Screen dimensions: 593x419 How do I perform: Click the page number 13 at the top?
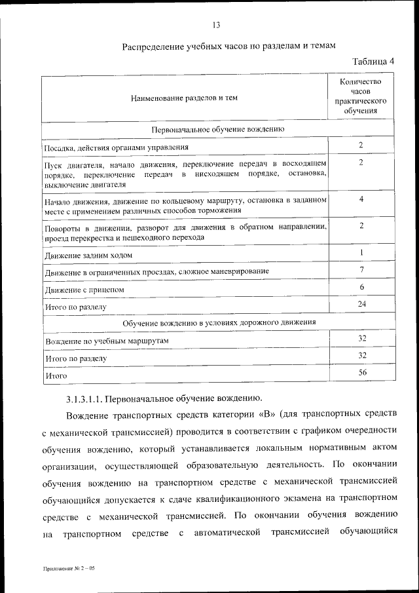coord(216,26)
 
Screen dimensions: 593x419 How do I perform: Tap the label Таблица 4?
coord(373,62)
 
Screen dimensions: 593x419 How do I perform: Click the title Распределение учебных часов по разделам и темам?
coord(229,47)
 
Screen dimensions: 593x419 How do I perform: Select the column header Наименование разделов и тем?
coord(184,98)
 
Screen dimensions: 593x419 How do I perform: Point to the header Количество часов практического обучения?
coord(361,96)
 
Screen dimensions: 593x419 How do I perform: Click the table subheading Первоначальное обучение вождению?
coord(217,130)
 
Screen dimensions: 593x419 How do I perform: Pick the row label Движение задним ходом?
coord(88,254)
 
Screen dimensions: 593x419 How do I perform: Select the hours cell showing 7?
coord(361,269)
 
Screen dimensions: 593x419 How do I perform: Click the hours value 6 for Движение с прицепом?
coord(361,287)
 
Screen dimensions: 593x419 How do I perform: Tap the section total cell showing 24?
coord(361,305)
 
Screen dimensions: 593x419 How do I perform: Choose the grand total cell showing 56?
coord(361,373)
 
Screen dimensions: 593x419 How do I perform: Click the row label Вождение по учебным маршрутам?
coord(107,341)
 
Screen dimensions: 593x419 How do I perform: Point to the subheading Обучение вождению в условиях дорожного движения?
coord(217,322)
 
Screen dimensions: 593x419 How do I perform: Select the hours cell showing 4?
coord(361,199)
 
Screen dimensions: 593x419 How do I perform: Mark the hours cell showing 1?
coord(361,252)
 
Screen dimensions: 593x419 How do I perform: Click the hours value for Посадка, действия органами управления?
coord(361,145)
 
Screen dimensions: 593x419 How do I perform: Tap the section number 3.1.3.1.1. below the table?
coord(84,398)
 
